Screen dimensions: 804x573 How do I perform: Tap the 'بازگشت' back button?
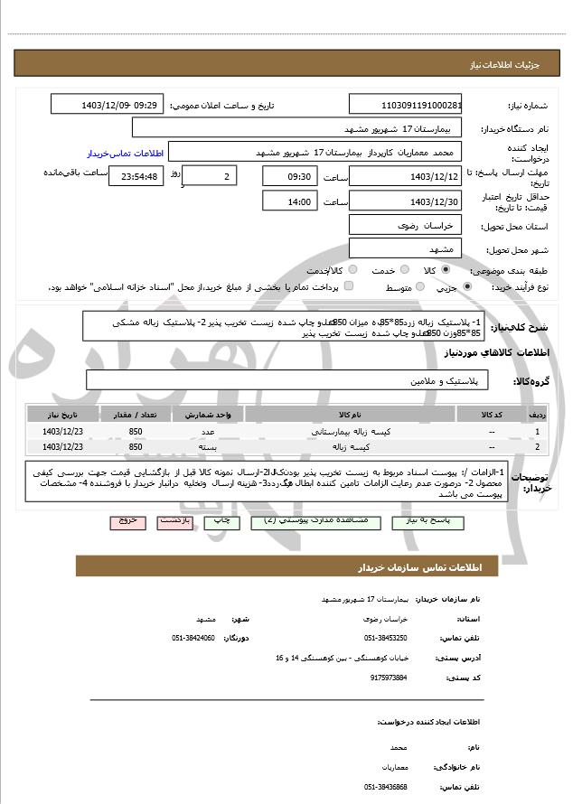pos(174,522)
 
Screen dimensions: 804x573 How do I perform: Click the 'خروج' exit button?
pos(127,522)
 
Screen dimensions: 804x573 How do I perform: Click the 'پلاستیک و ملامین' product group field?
pos(286,380)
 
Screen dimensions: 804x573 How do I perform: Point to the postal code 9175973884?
pos(389,677)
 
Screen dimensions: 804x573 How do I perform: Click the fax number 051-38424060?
pos(193,638)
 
